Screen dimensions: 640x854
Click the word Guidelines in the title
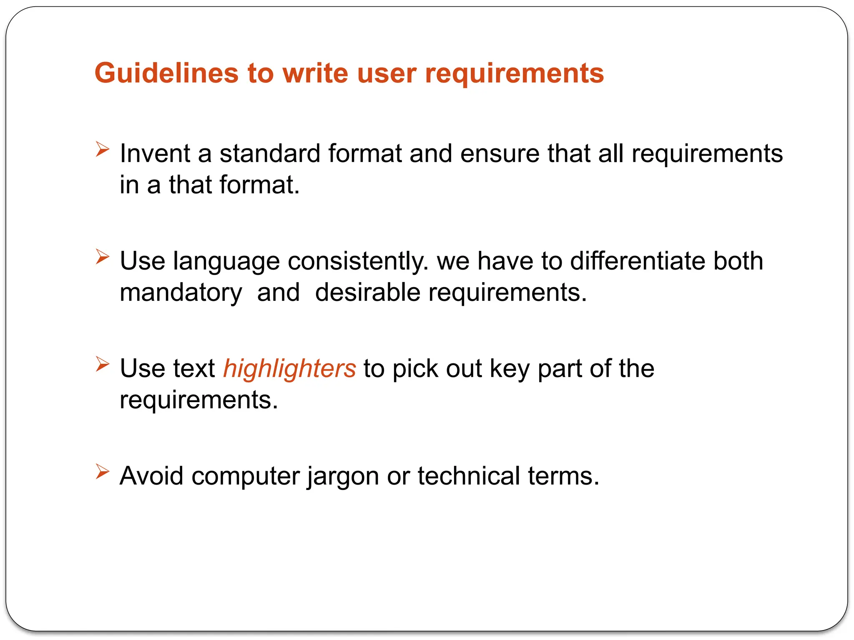pyautogui.click(x=166, y=73)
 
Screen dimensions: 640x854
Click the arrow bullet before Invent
pyautogui.click(x=102, y=149)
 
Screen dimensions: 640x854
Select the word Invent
pyautogui.click(x=155, y=153)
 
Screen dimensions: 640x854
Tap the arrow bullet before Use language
pyautogui.click(x=102, y=256)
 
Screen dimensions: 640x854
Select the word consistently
pyautogui.click(x=358, y=261)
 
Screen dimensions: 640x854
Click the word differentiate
pyautogui.click(x=637, y=261)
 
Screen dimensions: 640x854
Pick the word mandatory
pyautogui.click(x=181, y=292)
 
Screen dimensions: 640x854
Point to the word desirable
pyautogui.click(x=367, y=292)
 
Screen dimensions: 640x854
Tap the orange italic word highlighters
pyautogui.click(x=289, y=369)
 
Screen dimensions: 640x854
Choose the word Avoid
pyautogui.click(x=151, y=476)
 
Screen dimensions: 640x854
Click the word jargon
pyautogui.click(x=343, y=477)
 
